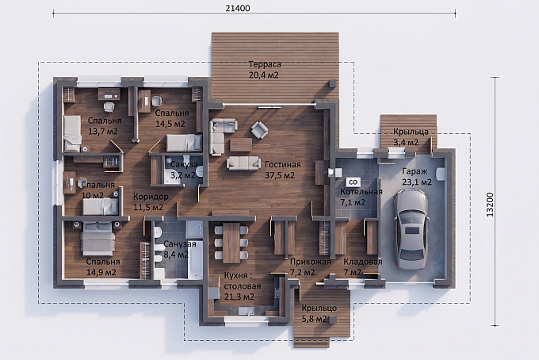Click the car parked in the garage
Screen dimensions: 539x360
coord(411,229)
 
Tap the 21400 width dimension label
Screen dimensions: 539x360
coord(238,8)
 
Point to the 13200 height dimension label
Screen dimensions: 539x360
coord(490,205)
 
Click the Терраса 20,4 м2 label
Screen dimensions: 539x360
coord(264,70)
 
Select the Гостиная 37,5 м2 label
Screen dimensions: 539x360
coord(282,170)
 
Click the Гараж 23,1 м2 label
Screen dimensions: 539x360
coord(417,176)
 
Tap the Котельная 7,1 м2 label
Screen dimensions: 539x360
coord(361,197)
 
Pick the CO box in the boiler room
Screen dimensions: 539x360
coord(353,182)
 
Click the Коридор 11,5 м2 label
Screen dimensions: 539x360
coord(151,202)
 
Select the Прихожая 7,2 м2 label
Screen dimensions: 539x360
coord(310,267)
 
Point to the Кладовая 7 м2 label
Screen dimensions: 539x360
coord(363,267)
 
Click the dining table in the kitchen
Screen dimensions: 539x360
coord(231,243)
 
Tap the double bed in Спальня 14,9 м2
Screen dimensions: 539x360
coord(97,238)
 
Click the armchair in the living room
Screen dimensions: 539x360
coord(259,129)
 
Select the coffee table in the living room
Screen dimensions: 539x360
coord(241,145)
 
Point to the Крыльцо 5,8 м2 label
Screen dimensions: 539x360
coord(319,313)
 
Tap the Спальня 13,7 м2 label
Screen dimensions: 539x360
coord(104,126)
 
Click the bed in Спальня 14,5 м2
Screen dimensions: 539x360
coord(184,143)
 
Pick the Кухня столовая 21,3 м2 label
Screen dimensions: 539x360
coord(242,285)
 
